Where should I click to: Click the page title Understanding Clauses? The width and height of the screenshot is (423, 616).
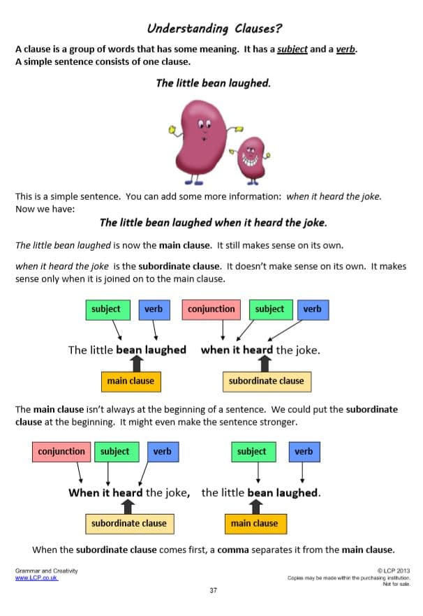(x=214, y=28)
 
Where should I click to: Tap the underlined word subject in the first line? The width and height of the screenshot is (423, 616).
(x=292, y=49)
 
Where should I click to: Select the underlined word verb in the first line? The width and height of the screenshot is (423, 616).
(x=346, y=49)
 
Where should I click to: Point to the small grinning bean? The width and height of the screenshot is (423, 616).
(x=251, y=160)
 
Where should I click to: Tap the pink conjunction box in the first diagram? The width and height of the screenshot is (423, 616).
(x=211, y=309)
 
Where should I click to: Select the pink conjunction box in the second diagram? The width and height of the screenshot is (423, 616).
(x=61, y=452)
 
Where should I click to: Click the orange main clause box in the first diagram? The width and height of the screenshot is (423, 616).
(x=131, y=381)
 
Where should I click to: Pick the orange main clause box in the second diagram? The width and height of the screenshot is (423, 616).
(x=255, y=524)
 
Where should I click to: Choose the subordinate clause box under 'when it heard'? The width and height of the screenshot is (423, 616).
(x=267, y=381)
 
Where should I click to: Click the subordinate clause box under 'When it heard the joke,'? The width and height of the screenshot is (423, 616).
(x=130, y=524)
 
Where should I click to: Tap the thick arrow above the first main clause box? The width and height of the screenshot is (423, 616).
(x=136, y=364)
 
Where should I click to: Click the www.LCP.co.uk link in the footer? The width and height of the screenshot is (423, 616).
(x=36, y=578)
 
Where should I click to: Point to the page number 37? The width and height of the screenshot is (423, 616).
(x=214, y=590)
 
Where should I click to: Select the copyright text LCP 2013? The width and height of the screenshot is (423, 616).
(x=394, y=571)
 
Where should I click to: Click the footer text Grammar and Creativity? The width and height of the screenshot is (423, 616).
(x=46, y=571)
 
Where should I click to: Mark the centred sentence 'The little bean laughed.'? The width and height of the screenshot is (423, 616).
(x=214, y=83)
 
